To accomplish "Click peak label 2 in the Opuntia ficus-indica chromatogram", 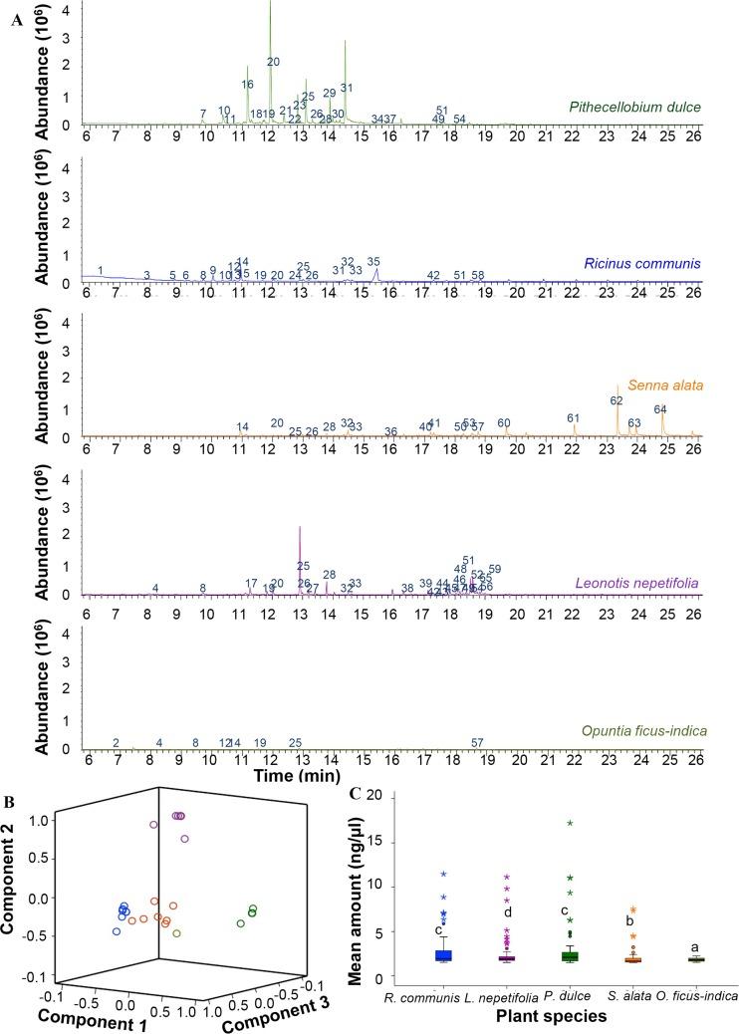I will pos(117,743).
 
